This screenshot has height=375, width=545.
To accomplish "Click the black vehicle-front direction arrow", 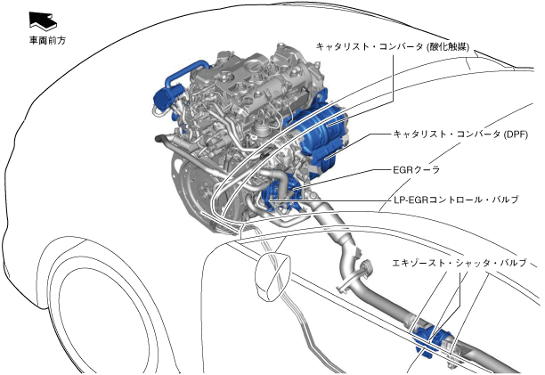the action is tap(43, 20).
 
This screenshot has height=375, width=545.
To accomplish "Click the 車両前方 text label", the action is tap(47, 41).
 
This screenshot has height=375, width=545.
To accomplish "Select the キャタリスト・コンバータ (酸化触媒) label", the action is tap(393, 46).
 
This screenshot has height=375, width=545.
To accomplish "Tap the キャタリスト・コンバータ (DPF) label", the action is tap(460, 135).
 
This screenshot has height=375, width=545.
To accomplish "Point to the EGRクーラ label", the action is tap(417, 169).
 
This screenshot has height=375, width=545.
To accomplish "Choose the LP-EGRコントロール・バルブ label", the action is tap(456, 200).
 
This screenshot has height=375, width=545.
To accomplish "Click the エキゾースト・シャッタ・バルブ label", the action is tap(460, 263).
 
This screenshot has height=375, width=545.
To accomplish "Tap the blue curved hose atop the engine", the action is tap(184, 72).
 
